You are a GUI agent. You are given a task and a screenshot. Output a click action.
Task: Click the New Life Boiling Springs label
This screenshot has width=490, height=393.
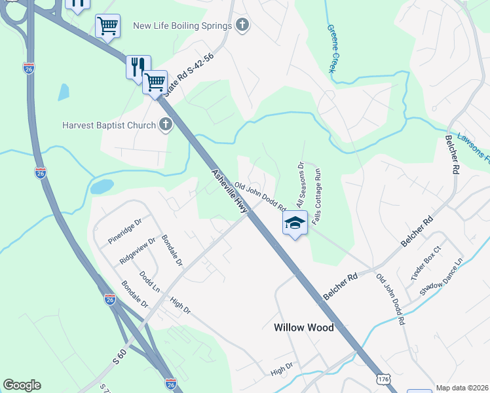[x=182, y=26]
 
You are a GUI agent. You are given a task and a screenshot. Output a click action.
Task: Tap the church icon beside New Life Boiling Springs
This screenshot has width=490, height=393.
[x=242, y=26]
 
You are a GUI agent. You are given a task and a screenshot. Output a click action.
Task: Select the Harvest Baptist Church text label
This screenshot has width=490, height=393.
[x=109, y=125]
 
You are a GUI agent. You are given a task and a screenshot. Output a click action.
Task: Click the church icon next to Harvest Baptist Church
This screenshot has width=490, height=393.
[x=165, y=124]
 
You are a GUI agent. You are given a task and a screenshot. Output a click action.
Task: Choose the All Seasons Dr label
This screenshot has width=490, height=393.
[x=299, y=185]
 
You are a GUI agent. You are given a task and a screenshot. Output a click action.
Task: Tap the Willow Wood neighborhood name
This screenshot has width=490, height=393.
[x=303, y=327]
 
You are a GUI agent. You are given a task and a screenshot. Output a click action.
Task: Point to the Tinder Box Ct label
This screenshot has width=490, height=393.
[x=428, y=265]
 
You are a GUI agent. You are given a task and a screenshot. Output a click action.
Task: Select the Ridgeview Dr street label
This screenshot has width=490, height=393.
[x=138, y=250]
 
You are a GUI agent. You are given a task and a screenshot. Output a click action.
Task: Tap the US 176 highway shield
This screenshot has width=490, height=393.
[x=385, y=379]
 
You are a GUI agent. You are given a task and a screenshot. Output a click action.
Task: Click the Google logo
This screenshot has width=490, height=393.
[x=22, y=385]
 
